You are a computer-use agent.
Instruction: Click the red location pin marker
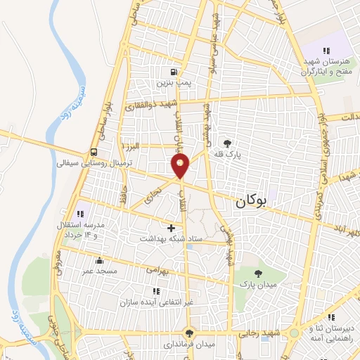pyautogui.click(x=181, y=166)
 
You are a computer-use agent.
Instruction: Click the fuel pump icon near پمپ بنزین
pyautogui.click(x=173, y=72)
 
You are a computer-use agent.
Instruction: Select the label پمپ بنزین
pyautogui.click(x=173, y=82)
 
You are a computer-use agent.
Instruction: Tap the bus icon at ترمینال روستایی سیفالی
pyautogui.click(x=94, y=152)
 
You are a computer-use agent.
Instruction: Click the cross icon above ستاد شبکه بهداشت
pyautogui.click(x=172, y=228)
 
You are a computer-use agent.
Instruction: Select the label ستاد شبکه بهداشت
pyautogui.click(x=171, y=239)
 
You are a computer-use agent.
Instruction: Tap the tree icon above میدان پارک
pyautogui.click(x=258, y=274)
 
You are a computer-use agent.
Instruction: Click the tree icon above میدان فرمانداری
pyautogui.click(x=188, y=333)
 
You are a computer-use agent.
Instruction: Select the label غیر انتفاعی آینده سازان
pyautogui.click(x=155, y=302)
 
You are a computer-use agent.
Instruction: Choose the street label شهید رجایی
pyautogui.click(x=268, y=332)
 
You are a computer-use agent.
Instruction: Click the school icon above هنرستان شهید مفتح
pyautogui.click(x=326, y=51)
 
